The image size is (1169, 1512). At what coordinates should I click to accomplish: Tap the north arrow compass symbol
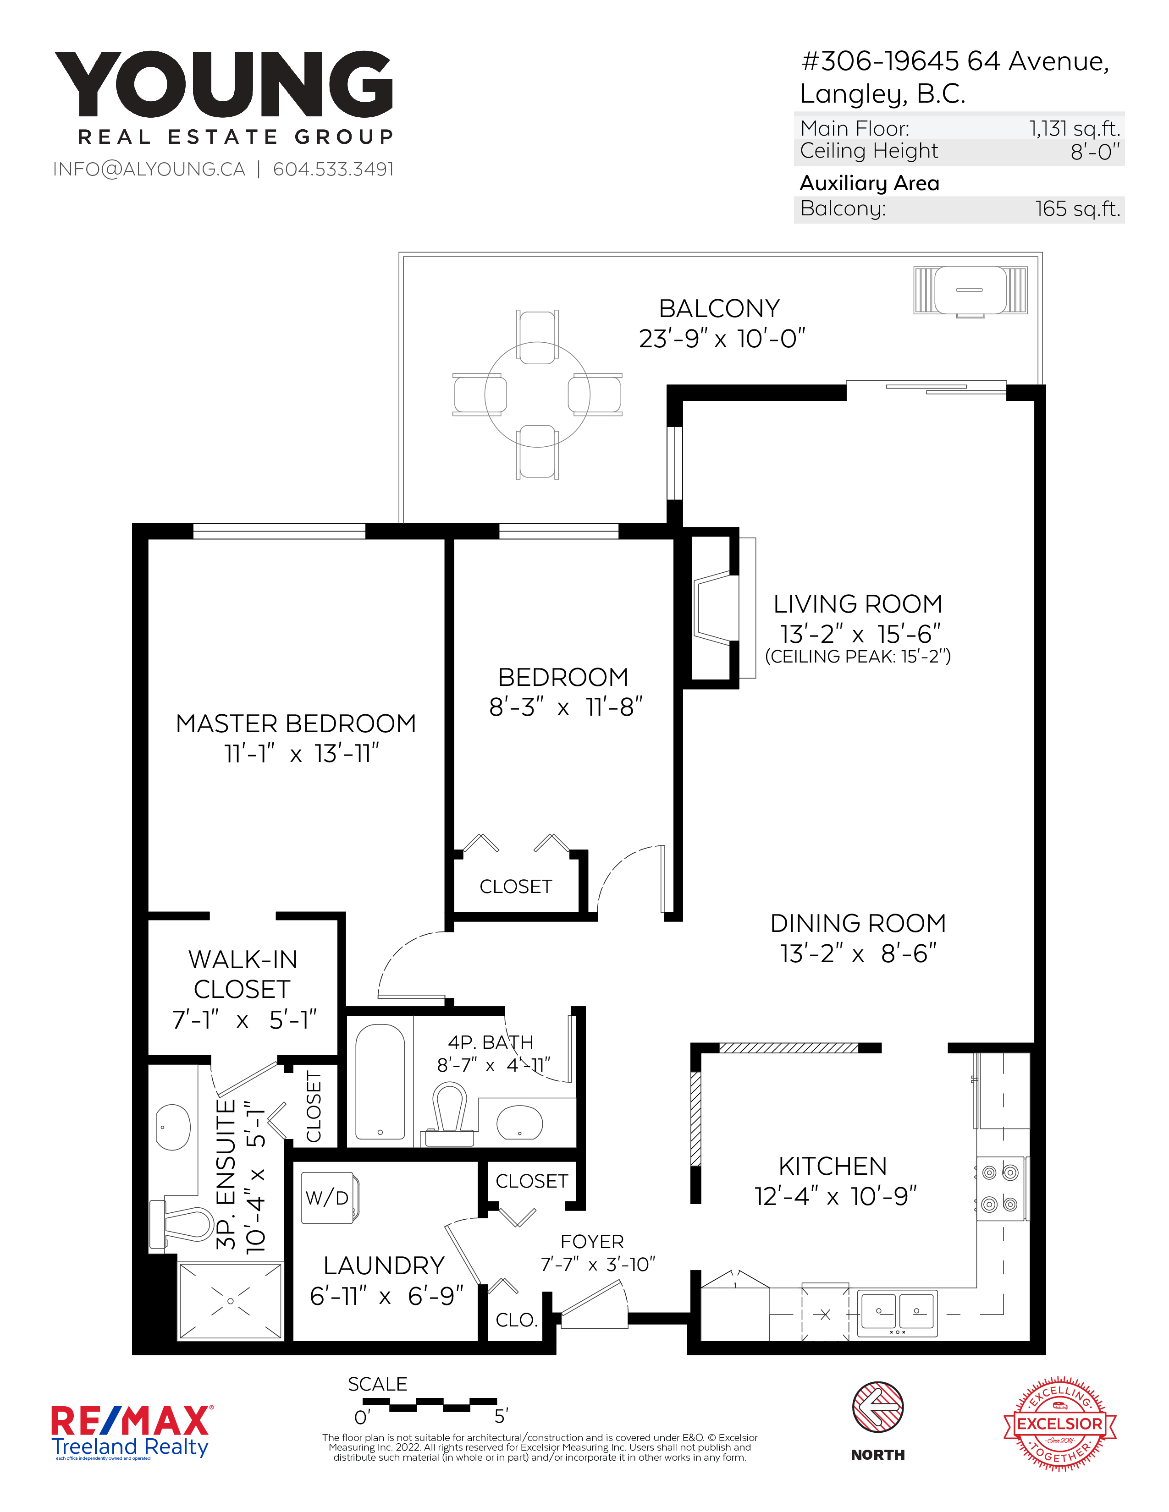[877, 1407]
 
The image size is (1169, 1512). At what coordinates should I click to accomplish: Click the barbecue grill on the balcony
[970, 291]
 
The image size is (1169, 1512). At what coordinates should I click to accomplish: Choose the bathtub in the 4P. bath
[380, 1082]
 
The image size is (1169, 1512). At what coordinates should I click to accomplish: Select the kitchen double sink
[898, 1313]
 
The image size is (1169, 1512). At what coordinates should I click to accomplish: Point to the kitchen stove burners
[1000, 1189]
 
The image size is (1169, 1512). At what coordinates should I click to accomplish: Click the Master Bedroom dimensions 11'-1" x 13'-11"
[302, 753]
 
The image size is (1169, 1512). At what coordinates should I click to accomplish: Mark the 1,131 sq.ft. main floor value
[1074, 129]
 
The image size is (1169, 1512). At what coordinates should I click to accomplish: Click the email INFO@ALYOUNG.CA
[149, 170]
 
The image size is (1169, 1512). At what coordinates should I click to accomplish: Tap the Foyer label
[592, 1241]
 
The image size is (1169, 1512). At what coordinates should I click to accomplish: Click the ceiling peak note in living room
[857, 656]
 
